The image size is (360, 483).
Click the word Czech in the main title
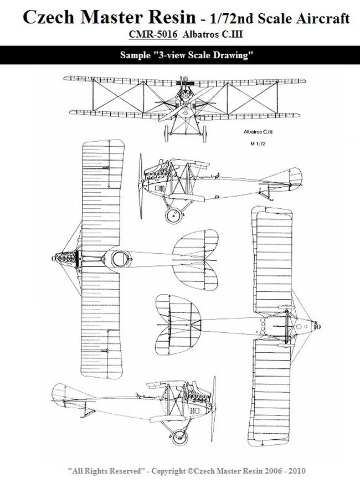point(49,17)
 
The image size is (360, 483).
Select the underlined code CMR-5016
point(153,34)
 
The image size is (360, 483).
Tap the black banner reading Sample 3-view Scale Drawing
point(180,55)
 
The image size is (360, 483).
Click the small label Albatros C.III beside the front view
point(258,132)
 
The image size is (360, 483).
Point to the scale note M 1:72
point(258,143)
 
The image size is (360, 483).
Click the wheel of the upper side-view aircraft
point(173,215)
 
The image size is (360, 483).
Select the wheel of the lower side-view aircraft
point(179,437)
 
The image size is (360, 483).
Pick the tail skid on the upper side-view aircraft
point(265,196)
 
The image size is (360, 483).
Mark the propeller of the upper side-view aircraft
point(141,186)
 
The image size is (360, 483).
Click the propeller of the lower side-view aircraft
point(213,408)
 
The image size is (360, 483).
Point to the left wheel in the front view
point(167,133)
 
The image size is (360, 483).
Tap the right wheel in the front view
point(204,134)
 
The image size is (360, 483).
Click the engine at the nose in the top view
point(66,259)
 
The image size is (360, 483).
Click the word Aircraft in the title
point(323,18)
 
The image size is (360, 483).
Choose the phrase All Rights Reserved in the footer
point(106,471)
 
